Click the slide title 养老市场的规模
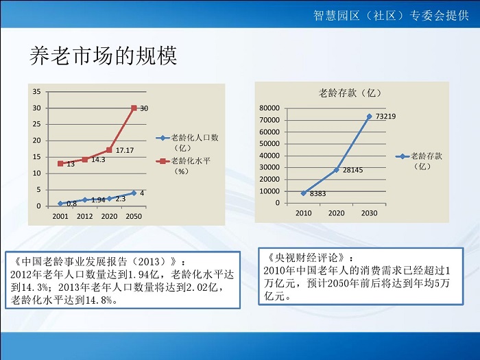(x=104, y=56)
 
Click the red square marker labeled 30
(x=134, y=108)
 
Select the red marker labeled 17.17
(x=109, y=150)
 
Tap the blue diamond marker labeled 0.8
(x=60, y=204)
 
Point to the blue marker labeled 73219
(x=369, y=117)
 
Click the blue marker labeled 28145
(x=337, y=169)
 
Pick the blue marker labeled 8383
(x=304, y=193)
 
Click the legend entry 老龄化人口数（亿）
(x=187, y=143)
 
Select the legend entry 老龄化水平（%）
(x=183, y=166)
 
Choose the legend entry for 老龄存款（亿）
(x=419, y=161)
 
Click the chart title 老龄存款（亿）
(x=350, y=93)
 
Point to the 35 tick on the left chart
(x=36, y=91)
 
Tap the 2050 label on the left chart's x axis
(x=134, y=217)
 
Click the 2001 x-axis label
(x=60, y=217)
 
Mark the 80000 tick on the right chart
(x=269, y=108)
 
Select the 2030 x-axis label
(x=369, y=213)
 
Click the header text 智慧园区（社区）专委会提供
(x=391, y=15)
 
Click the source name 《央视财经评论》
(x=307, y=258)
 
